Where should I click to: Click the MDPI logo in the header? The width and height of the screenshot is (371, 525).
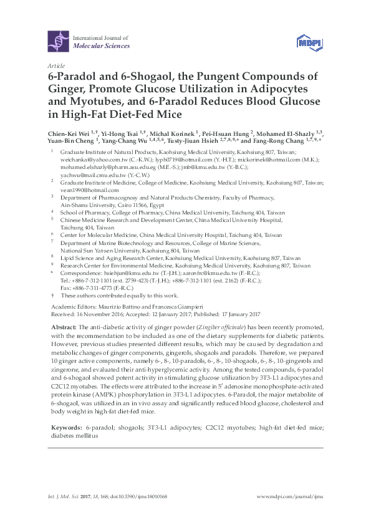(x=308, y=42)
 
